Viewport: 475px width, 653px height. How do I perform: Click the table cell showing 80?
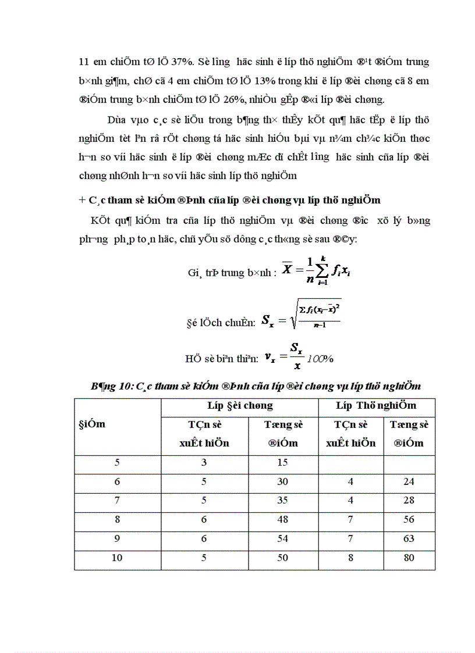click(409, 558)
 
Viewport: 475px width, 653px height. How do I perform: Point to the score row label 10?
click(117, 558)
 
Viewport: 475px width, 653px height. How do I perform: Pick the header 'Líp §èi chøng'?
click(239, 405)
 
